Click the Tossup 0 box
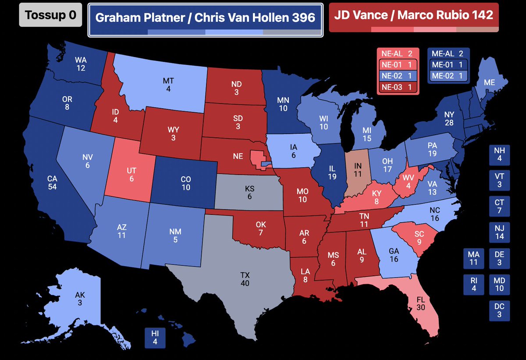point(50,15)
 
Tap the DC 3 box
point(499,311)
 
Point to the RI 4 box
point(474,285)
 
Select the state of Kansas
point(250,193)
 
